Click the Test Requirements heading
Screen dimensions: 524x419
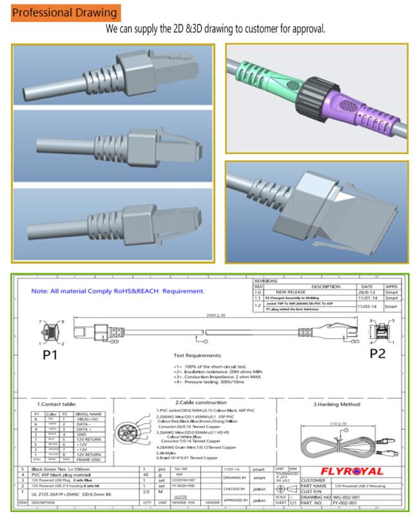206,354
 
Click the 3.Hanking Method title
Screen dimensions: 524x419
336,404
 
